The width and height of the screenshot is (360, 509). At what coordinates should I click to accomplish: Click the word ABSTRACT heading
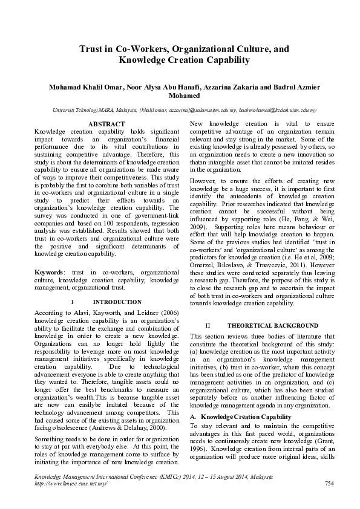coord(106,123)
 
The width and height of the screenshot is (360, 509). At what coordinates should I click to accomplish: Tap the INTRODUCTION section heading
coord(117,302)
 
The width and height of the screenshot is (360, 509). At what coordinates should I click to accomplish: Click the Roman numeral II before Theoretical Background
coord(207,325)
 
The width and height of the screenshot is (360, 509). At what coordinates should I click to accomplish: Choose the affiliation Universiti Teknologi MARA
coord(76,111)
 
